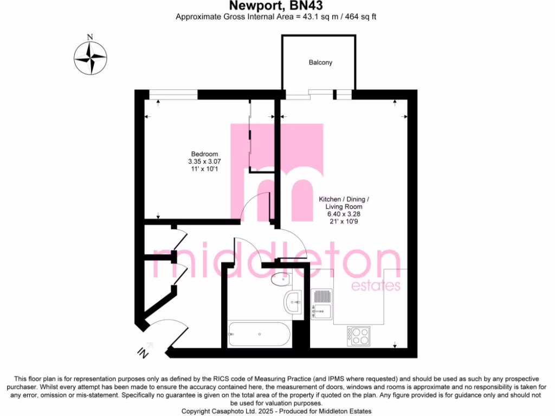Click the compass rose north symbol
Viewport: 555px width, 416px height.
pos(91,55)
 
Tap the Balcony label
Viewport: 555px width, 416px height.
pos(320,63)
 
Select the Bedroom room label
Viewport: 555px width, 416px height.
pos(204,153)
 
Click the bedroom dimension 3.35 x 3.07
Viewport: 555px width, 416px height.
pos(204,161)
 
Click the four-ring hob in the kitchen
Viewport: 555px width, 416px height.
pos(359,336)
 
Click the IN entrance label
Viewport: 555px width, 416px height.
pos(143,352)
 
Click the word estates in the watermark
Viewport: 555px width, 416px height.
pos(376,285)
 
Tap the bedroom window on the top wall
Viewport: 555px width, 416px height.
pos(173,94)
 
